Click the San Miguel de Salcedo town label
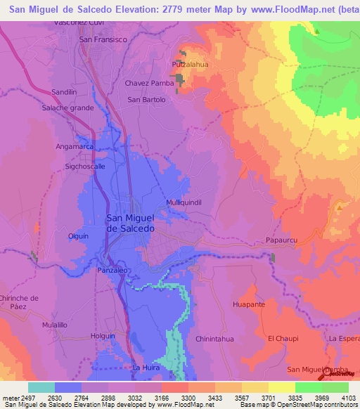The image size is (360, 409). [129, 223]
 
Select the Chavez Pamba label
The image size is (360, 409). [149, 83]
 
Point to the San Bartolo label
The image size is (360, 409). [146, 100]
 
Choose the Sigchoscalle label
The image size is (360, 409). [85, 167]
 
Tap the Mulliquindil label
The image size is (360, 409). [184, 202]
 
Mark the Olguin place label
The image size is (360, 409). [78, 236]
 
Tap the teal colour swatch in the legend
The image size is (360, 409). [41, 387]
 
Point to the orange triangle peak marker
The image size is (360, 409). [340, 207]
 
